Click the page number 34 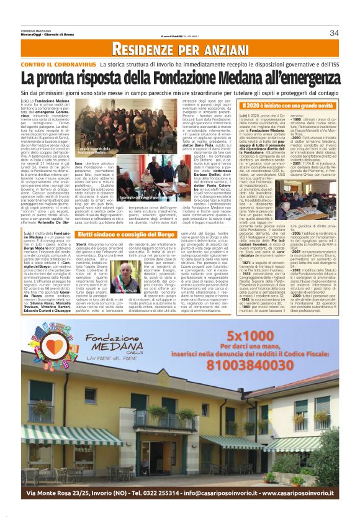[335, 33]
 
